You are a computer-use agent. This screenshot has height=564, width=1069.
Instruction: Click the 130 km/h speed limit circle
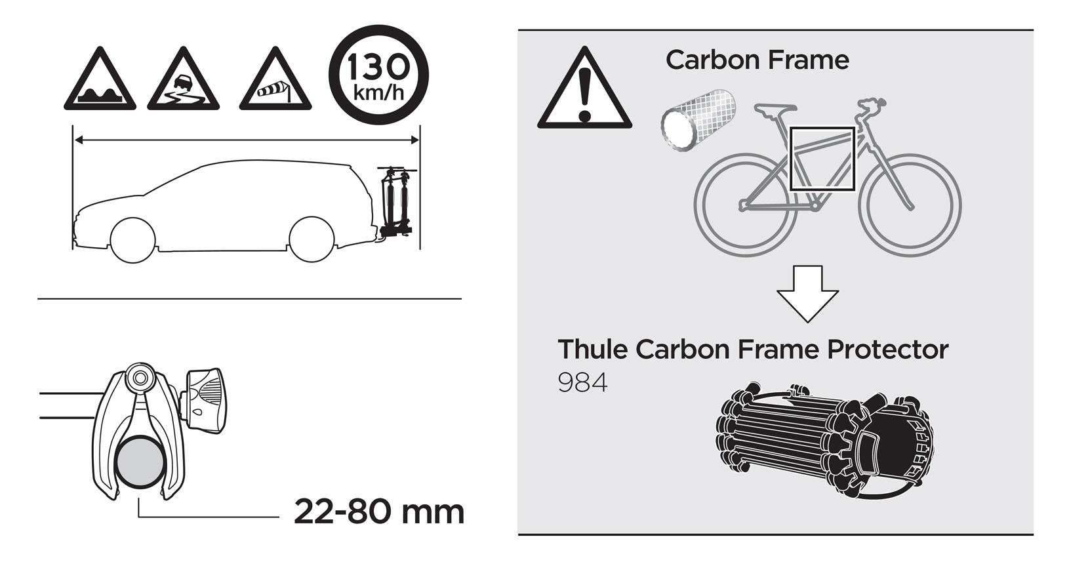[x=379, y=75]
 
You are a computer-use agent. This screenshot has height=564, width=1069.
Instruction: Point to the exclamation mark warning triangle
[x=584, y=89]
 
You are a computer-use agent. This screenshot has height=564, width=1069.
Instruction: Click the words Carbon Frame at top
[x=757, y=60]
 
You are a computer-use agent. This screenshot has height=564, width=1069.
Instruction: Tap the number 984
[x=582, y=383]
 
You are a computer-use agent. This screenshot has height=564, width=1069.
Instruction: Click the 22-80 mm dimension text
[x=379, y=512]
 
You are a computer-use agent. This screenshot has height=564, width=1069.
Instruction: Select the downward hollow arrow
[x=807, y=294]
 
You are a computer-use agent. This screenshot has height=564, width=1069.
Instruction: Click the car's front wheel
[x=132, y=240]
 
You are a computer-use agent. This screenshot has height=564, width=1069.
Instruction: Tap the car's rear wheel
[x=312, y=239]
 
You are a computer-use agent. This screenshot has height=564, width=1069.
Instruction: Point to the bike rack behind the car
[x=395, y=201]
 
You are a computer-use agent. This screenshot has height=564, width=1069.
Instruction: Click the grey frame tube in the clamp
[x=140, y=462]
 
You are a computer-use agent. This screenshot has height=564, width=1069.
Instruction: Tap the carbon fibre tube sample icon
[x=698, y=120]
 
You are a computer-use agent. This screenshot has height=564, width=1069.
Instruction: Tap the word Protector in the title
[x=887, y=350]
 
